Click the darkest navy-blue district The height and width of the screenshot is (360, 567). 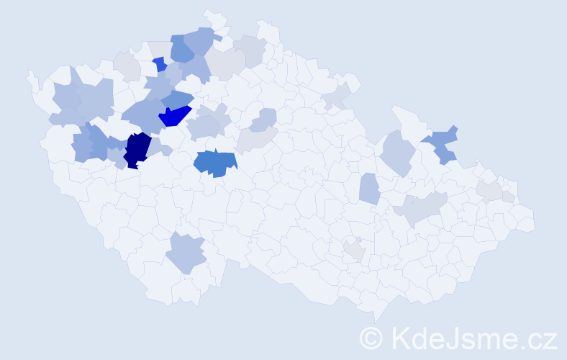(137, 149)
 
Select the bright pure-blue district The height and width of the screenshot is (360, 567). (175, 115)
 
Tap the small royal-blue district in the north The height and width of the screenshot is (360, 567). (160, 64)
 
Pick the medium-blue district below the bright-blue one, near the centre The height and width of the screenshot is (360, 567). (215, 163)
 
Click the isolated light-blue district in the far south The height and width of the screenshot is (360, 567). (186, 253)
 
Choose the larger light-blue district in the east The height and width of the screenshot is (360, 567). (396, 153)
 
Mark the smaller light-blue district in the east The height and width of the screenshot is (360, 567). (369, 189)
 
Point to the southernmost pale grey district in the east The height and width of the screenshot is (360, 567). (353, 250)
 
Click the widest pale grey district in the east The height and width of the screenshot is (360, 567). (424, 207)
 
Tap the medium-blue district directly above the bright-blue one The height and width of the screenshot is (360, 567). (176, 99)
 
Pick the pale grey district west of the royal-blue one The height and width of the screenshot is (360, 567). (127, 66)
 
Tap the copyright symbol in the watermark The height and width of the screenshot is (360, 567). (371, 338)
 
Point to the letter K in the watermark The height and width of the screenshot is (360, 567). (401, 337)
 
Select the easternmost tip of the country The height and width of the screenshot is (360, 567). (534, 224)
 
